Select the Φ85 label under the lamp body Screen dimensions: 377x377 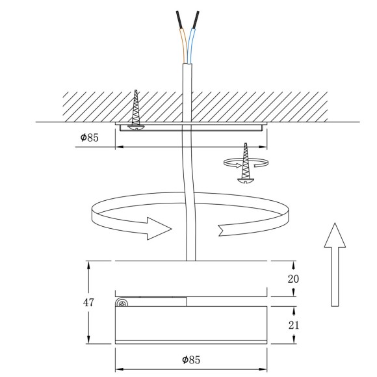pyautogui.click(x=192, y=358)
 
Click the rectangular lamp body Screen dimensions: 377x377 pyautogui.click(x=191, y=325)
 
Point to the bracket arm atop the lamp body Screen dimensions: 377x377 pyautogui.click(x=156, y=301)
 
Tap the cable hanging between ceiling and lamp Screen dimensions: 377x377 pyautogui.click(x=189, y=195)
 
